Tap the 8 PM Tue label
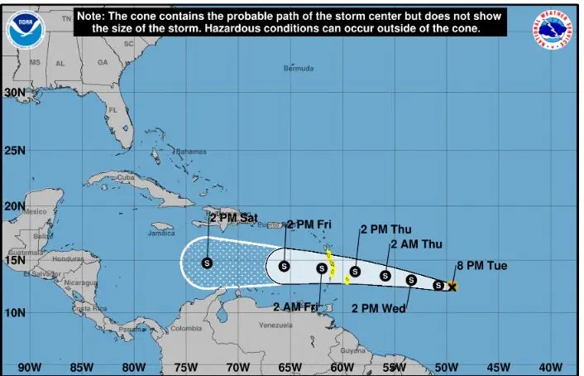[481, 266]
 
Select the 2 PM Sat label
[233, 218]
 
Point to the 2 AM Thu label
[416, 244]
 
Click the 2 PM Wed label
[378, 309]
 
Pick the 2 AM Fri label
[296, 307]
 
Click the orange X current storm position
[452, 287]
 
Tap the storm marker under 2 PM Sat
[207, 263]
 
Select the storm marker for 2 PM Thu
[355, 272]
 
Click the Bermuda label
[299, 68]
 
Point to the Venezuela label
[276, 325]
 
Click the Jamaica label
[161, 234]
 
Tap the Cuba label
[125, 177]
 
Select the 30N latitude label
[15, 93]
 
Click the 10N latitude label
[15, 312]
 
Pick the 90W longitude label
[29, 367]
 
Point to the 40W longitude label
[550, 367]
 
